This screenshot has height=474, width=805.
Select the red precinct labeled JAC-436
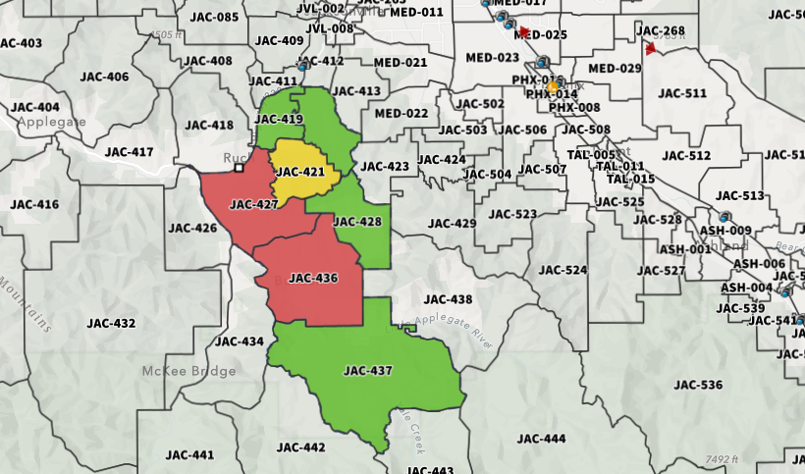pos(313,278)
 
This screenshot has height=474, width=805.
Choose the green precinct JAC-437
pos(368,371)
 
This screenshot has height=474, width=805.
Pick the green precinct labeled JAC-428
pos(357,222)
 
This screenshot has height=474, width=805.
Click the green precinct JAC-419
pos(279,119)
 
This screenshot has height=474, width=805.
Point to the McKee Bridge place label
pos(188,371)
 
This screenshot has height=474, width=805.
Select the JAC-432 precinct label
pos(111,323)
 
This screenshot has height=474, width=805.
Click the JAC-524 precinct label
pos(563,270)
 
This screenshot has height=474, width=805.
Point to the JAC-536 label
pos(698,385)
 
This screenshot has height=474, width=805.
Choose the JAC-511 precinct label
pos(682,93)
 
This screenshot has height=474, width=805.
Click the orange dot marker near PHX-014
pos(552,86)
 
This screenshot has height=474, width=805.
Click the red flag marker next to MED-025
pos(523,32)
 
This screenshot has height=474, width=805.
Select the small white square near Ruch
pos(239,168)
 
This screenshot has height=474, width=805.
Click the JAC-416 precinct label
pos(34,204)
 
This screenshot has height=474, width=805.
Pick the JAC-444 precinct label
pos(541,438)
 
